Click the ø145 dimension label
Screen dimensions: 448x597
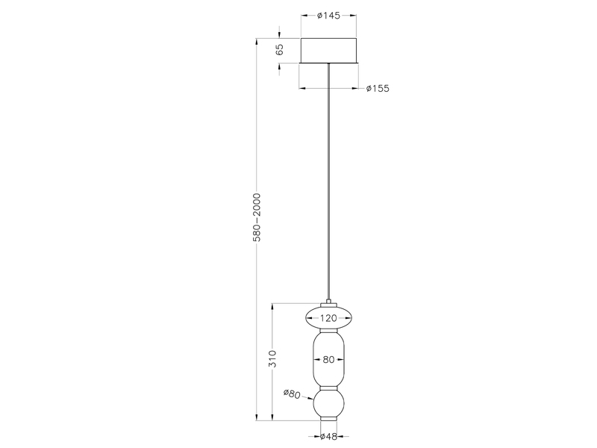click(x=328, y=16)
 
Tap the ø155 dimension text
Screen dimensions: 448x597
click(x=378, y=88)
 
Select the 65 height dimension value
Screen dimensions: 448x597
click(x=280, y=50)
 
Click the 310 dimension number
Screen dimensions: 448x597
click(x=273, y=359)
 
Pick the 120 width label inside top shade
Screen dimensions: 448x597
click(x=328, y=319)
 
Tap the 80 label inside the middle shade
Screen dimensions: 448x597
click(x=328, y=359)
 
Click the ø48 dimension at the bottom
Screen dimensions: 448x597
click(x=328, y=438)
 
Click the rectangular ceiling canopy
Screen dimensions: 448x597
click(x=328, y=50)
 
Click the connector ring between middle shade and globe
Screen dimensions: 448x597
click(x=328, y=387)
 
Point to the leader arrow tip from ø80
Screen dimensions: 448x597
click(x=313, y=400)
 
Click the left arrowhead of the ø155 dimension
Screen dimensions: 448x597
click(x=301, y=88)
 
